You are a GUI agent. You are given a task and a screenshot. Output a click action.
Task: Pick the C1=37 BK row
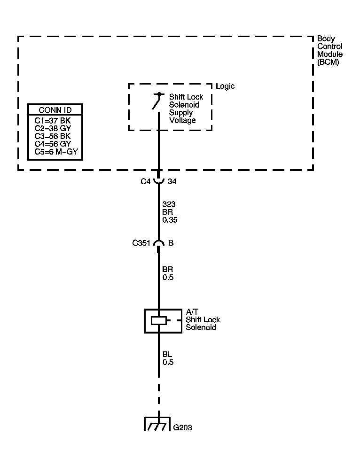coord(52,120)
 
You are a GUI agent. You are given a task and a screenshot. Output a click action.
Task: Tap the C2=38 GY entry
coord(52,128)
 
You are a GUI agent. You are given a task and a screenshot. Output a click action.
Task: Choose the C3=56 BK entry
coord(52,136)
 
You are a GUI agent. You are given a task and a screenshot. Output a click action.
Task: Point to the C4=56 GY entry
coord(52,144)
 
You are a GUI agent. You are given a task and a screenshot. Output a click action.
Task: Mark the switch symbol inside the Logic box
coord(157,101)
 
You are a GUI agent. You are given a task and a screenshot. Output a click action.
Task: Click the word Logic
coord(225,86)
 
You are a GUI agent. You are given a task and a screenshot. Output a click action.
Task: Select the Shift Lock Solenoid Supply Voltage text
coord(186,109)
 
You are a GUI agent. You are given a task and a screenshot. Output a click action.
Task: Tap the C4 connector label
coord(146,181)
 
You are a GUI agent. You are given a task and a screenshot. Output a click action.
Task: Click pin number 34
coord(172,181)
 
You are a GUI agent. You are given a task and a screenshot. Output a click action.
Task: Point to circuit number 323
coord(168,204)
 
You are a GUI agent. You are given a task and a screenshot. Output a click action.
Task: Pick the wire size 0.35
coord(170,220)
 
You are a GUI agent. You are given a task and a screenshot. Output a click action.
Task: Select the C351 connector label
coord(141,243)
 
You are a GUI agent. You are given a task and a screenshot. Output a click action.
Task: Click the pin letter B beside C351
coord(171,243)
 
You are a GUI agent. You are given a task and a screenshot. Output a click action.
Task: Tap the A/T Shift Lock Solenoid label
coord(202,319)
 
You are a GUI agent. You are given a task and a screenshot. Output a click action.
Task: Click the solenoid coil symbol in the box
coord(158,321)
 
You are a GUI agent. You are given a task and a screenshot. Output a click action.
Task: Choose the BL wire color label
coord(167,354)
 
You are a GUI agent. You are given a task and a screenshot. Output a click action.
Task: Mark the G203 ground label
coord(182,427)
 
